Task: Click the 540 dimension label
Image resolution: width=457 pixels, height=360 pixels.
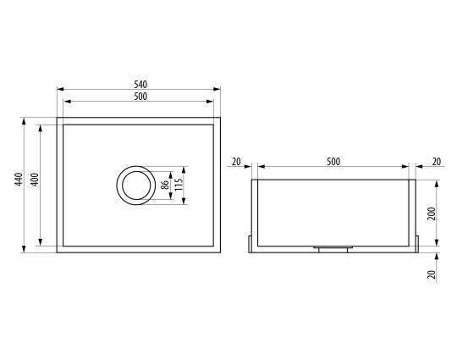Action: pos(140,85)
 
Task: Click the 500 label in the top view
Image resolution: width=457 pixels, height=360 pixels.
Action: pos(140,97)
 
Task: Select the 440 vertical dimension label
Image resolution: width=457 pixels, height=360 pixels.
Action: pos(19,180)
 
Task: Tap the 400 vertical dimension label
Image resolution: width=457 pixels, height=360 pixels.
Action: pos(35,180)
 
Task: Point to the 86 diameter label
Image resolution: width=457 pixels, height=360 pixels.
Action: pos(165,185)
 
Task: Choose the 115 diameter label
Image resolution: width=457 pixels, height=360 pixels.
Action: pos(179,185)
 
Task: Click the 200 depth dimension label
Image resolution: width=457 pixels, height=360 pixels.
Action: pos(432,213)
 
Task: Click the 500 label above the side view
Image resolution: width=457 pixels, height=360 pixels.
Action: pos(333,161)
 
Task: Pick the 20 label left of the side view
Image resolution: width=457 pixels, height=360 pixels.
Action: pos(236,161)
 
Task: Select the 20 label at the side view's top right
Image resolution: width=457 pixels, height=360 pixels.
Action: pos(437,161)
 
